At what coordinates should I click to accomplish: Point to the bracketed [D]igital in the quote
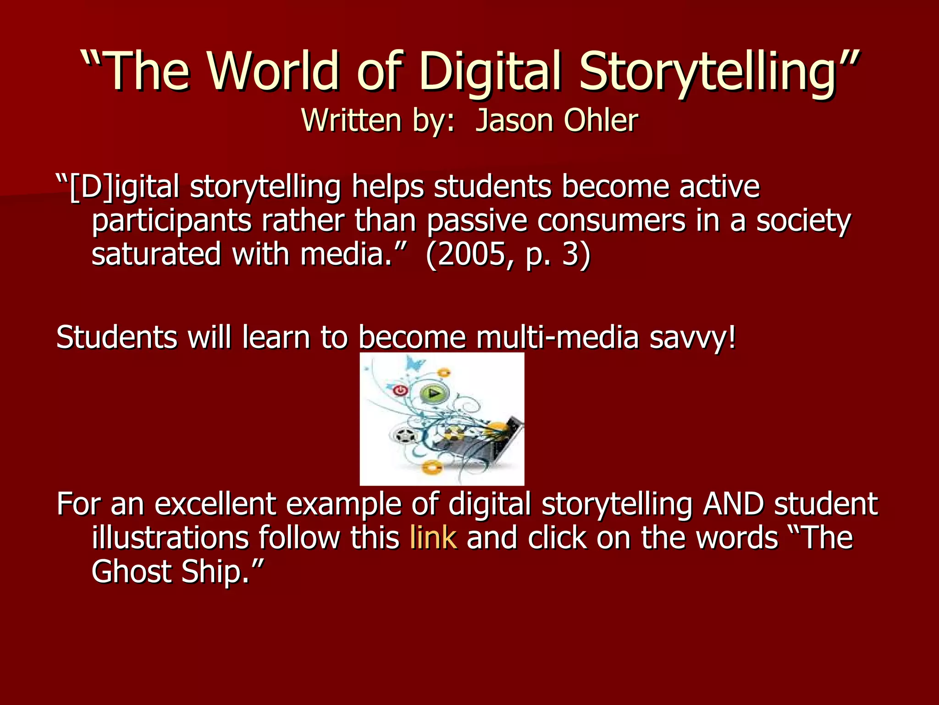tap(124, 187)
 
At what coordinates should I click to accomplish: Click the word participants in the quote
tap(171, 221)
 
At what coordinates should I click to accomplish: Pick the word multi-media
tap(557, 337)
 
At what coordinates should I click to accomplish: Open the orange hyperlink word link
tap(433, 537)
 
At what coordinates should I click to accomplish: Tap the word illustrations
tap(170, 537)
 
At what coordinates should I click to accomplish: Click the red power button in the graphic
tap(400, 391)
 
